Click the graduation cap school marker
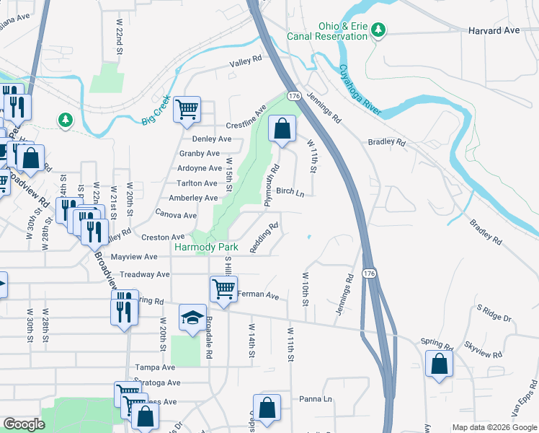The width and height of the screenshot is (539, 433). [x=192, y=318]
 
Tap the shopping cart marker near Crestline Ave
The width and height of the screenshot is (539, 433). [x=187, y=110]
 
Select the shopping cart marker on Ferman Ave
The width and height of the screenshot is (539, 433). [x=223, y=289]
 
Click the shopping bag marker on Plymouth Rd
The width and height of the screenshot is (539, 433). [x=282, y=129]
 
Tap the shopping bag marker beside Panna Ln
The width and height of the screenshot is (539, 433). [x=267, y=407]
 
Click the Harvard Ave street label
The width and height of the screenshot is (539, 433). [x=494, y=31]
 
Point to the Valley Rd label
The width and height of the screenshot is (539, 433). [x=245, y=63]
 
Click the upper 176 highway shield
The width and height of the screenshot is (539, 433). [x=293, y=96]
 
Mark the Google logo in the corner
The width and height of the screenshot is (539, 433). [x=24, y=424]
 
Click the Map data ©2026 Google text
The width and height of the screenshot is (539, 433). [x=494, y=427]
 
